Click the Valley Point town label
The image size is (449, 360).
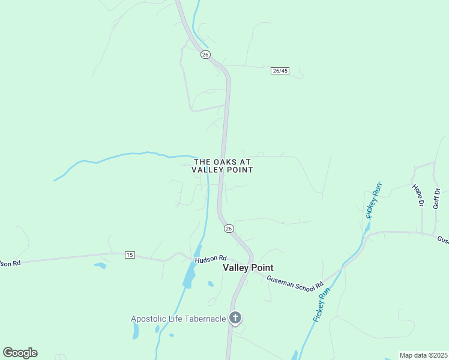(248, 268)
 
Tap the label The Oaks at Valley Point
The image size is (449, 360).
(222, 166)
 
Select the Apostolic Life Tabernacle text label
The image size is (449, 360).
(178, 319)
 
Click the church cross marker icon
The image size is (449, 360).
(236, 318)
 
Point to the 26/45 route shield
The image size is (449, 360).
(280, 71)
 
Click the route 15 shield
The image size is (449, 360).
(130, 255)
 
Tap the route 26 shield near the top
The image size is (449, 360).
(205, 55)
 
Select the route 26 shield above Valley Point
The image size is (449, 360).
(229, 229)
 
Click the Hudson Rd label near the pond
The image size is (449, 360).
(209, 259)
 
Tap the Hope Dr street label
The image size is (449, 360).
(418, 195)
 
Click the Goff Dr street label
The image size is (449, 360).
(437, 198)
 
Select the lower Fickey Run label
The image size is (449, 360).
(322, 305)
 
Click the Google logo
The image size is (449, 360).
(20, 353)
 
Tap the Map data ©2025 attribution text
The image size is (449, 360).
(423, 355)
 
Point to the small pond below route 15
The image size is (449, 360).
(100, 265)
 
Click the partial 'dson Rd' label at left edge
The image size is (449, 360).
(10, 263)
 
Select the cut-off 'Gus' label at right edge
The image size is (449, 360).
(443, 240)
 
